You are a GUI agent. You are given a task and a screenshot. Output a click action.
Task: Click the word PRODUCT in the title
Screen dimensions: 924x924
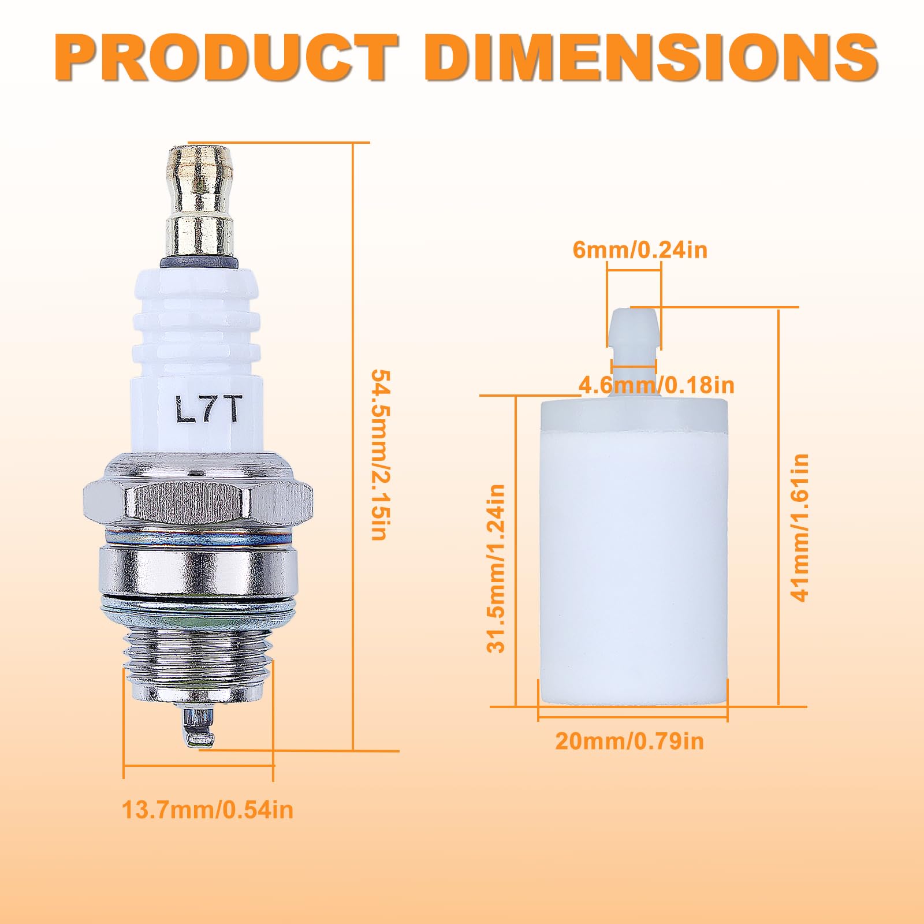pyautogui.click(x=226, y=58)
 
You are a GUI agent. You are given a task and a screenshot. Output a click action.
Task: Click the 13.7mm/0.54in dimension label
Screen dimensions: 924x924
pyautogui.click(x=207, y=810)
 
